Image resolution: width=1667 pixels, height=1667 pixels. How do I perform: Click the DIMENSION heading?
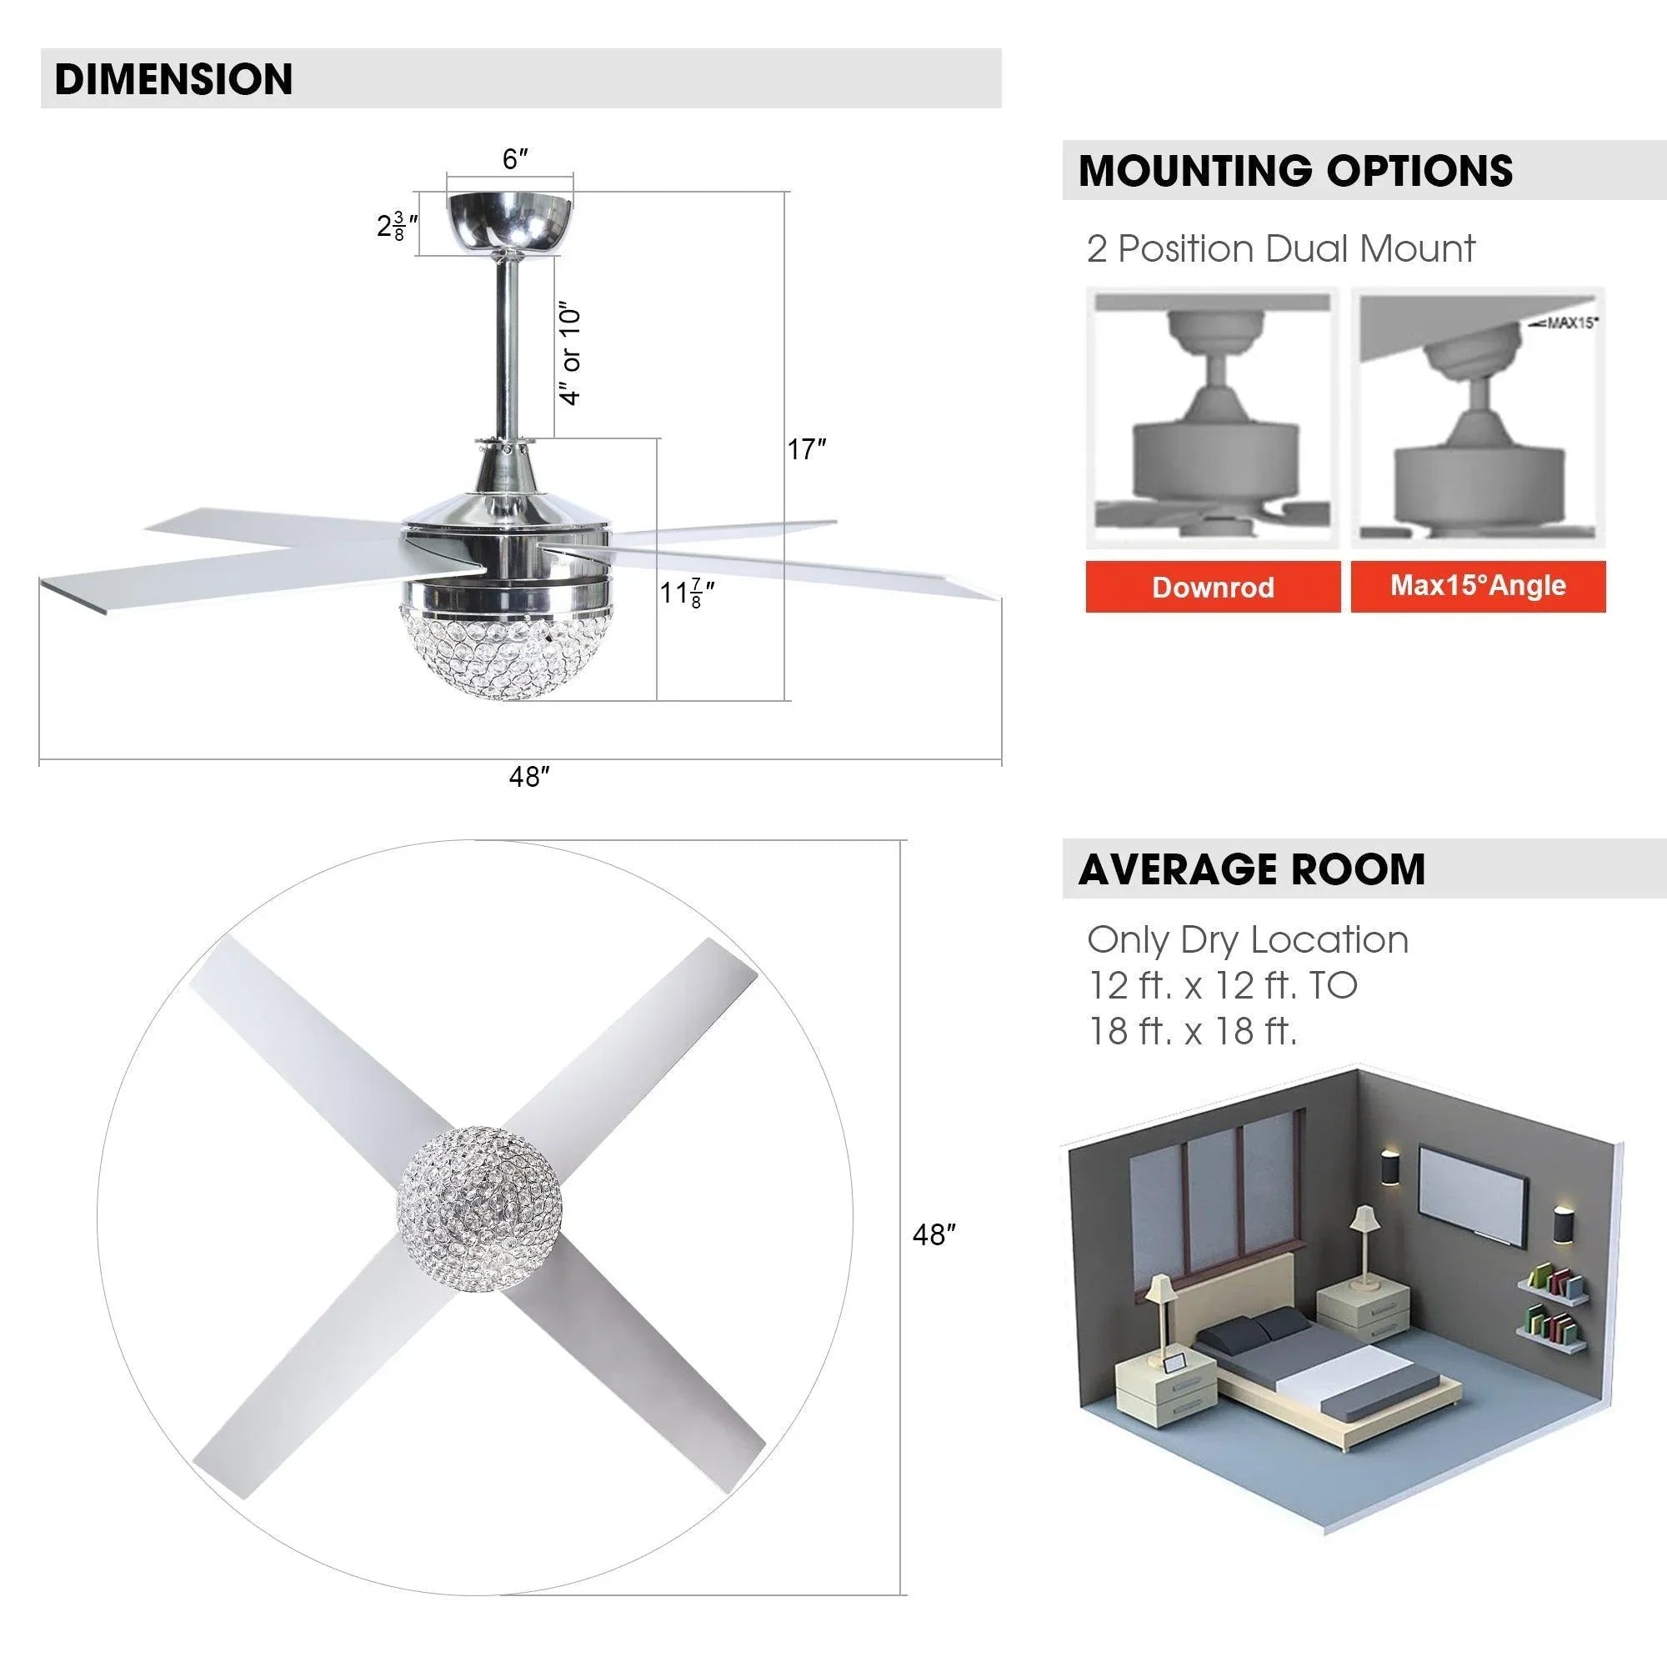point(173,78)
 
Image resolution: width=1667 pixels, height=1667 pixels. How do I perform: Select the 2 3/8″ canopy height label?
point(398,226)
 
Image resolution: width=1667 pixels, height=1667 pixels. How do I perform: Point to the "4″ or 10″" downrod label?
point(571,353)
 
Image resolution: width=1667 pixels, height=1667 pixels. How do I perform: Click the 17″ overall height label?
point(807,449)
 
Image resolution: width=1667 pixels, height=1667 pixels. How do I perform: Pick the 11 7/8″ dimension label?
point(687,593)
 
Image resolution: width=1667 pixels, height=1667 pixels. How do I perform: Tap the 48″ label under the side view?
point(529,778)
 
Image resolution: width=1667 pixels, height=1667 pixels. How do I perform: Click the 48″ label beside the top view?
point(934,1234)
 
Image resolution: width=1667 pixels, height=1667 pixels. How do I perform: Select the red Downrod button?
point(1213,587)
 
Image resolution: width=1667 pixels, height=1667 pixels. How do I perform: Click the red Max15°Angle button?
point(1478,586)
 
